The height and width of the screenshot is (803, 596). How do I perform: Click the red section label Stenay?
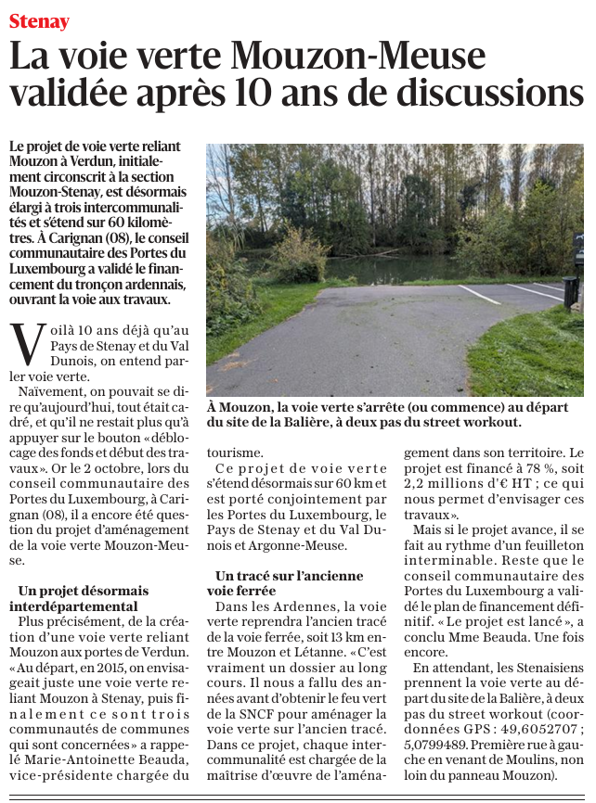coord(39,19)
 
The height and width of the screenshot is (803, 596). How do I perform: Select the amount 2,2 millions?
coord(453,484)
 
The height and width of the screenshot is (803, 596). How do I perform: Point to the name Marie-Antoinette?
coord(74,758)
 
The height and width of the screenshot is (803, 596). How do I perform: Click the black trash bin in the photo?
coord(570,291)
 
